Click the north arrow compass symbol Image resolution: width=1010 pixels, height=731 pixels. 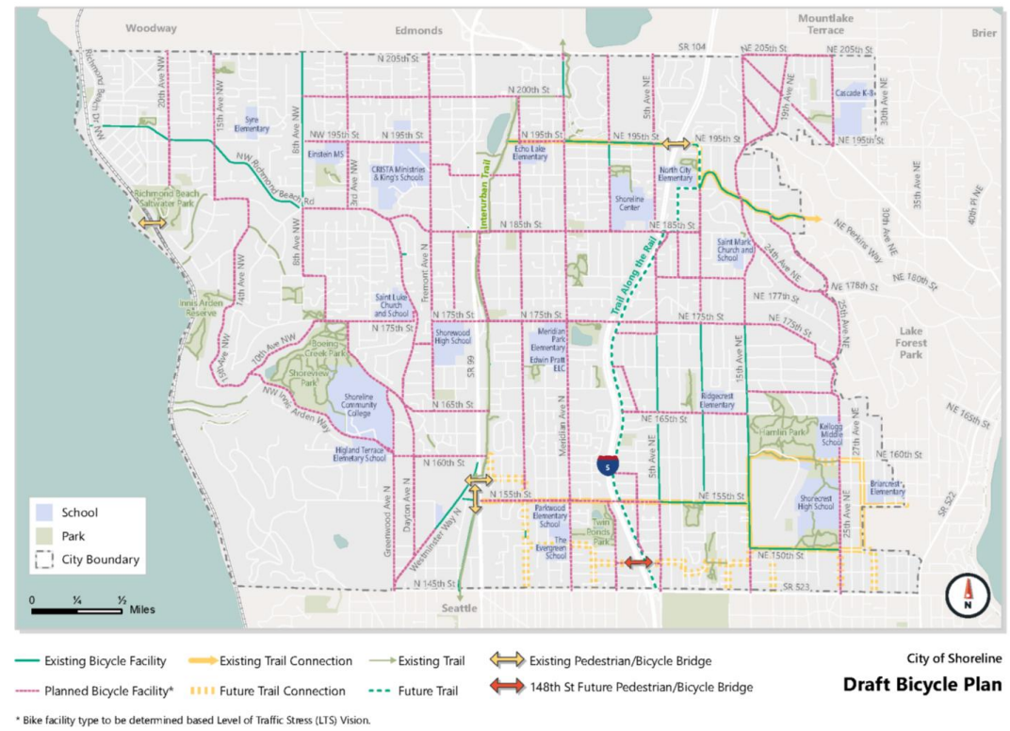click(x=968, y=594)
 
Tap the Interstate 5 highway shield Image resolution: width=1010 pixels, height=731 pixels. click(x=608, y=464)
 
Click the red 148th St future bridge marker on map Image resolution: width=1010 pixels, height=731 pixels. click(x=638, y=562)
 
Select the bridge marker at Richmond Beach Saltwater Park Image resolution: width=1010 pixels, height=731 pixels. click(x=153, y=222)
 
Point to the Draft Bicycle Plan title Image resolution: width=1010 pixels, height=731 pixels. click(x=921, y=684)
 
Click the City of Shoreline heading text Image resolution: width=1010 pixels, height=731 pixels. click(x=953, y=658)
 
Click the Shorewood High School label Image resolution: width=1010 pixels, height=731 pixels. click(x=452, y=336)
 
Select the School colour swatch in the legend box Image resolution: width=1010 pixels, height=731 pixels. click(x=44, y=512)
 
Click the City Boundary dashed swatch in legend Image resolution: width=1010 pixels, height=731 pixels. click(x=44, y=559)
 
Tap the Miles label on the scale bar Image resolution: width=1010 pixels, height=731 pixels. click(x=143, y=609)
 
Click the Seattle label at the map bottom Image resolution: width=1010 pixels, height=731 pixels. click(x=460, y=608)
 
